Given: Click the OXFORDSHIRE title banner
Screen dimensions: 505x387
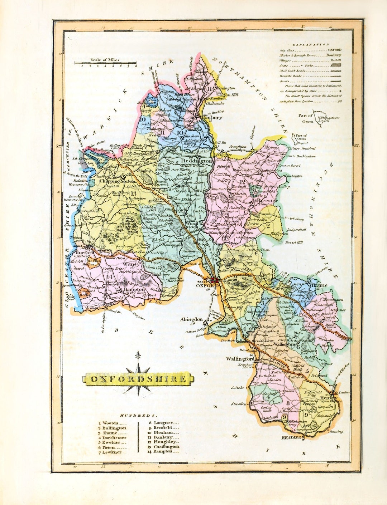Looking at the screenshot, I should (138, 379).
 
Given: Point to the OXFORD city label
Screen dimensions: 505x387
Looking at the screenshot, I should (207, 286).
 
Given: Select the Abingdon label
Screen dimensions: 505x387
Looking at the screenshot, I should (191, 319).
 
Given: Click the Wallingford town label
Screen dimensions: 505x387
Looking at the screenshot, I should (240, 359).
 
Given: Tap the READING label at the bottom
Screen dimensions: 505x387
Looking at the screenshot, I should (291, 437).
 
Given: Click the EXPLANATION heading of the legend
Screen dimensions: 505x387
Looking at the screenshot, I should (311, 44).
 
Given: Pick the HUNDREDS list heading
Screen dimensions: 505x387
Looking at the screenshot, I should (138, 416).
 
